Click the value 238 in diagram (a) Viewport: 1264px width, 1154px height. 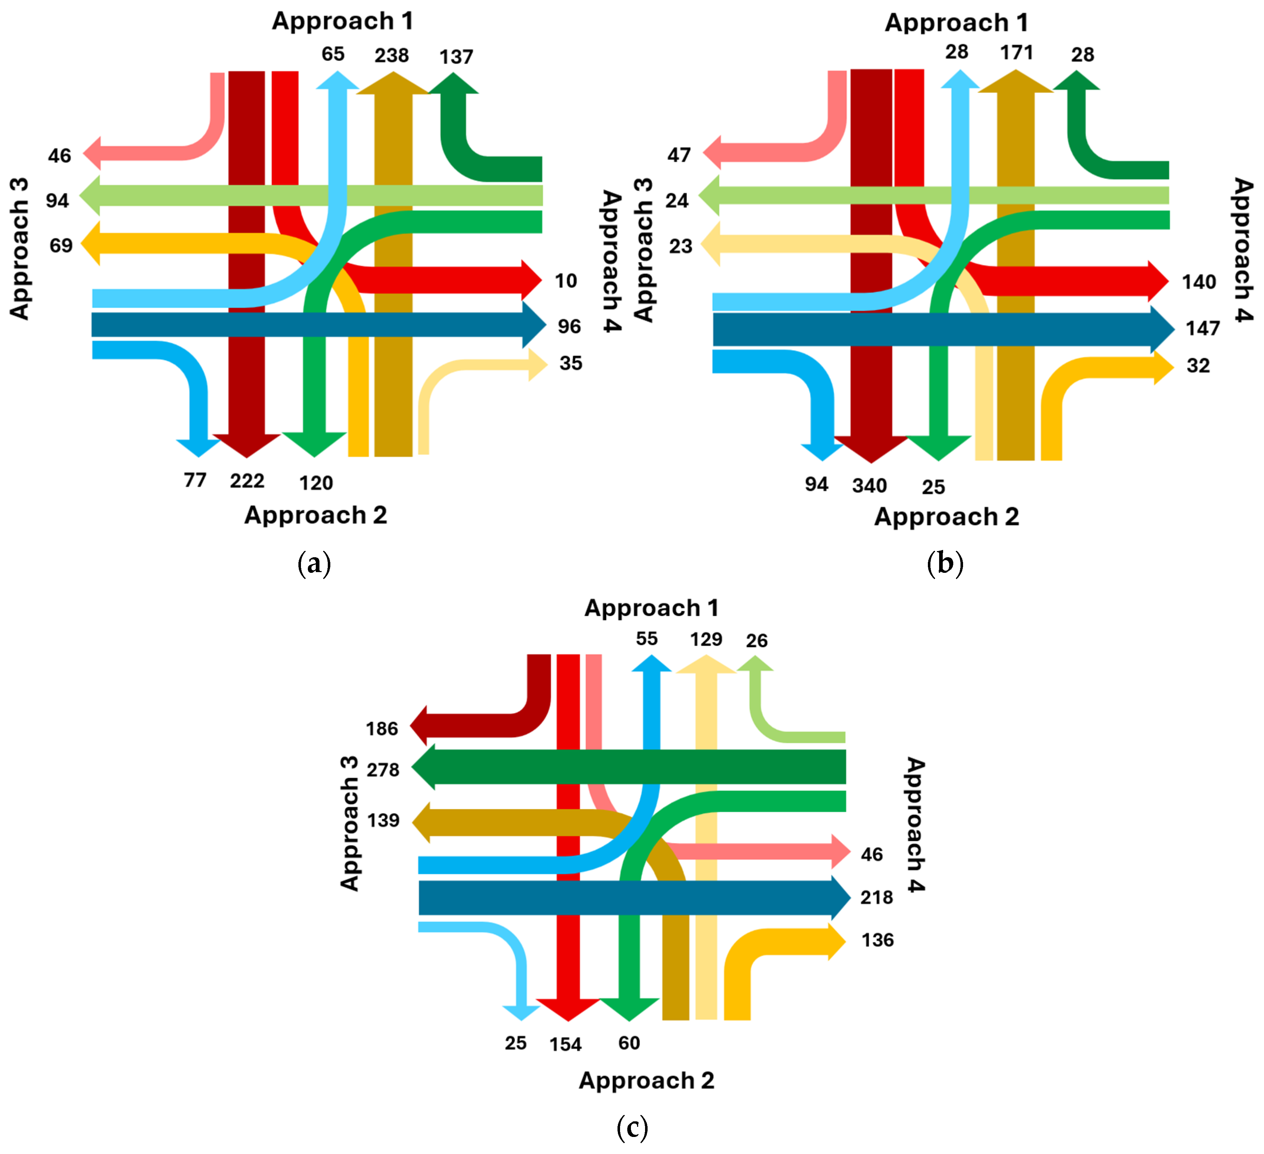(392, 56)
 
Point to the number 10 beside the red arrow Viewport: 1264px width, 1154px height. (566, 281)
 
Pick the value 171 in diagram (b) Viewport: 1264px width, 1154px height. (1016, 53)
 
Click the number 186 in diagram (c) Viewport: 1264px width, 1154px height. (382, 729)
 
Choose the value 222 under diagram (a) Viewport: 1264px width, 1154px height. (247, 481)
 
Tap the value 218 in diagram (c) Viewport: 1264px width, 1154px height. (876, 898)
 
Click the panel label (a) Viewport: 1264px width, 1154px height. (314, 564)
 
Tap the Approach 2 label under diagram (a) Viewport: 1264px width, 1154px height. (315, 516)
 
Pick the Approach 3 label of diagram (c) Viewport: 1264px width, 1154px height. (349, 824)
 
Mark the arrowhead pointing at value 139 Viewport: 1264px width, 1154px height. (422, 822)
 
